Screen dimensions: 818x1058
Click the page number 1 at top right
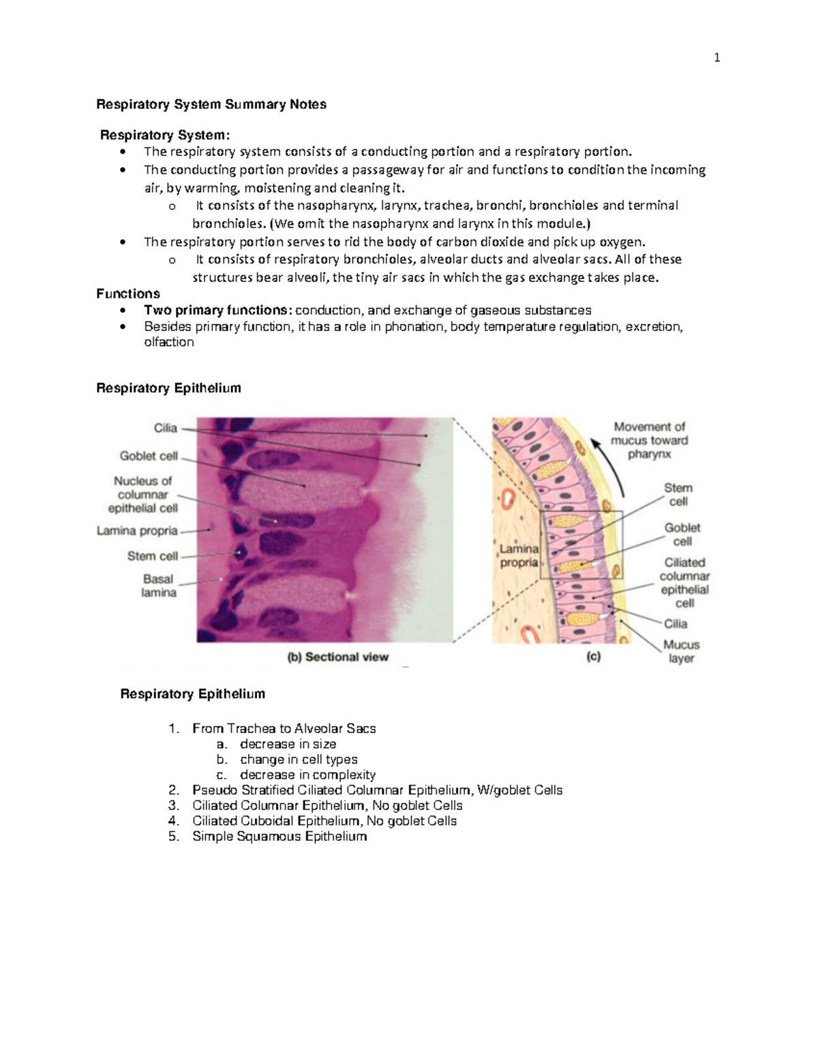click(716, 58)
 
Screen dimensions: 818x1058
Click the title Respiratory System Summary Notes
click(211, 104)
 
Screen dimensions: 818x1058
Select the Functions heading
click(128, 294)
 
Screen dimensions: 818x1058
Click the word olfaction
click(169, 342)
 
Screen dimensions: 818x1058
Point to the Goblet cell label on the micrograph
click(149, 456)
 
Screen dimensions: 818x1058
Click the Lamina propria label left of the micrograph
click(137, 531)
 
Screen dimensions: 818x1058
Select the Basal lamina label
click(158, 586)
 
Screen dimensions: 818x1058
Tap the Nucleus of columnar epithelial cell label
click(142, 494)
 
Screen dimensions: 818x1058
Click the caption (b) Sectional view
click(337, 657)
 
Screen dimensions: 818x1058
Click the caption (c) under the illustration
click(593, 657)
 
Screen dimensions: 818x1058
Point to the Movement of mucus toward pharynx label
click(650, 440)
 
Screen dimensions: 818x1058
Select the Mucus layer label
click(681, 651)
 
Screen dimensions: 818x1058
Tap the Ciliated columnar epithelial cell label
click(684, 582)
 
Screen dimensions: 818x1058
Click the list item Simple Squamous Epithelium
click(279, 837)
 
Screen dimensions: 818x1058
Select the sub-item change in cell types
click(299, 760)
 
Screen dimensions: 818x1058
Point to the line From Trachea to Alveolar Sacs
click(284, 728)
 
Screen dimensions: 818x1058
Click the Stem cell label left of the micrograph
click(152, 556)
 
